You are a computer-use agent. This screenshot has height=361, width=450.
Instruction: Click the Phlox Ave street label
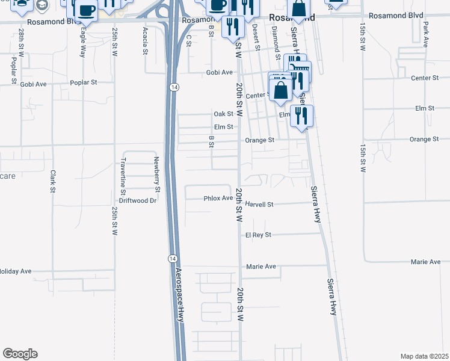[218, 198]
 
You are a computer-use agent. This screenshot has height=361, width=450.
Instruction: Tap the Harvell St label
[259, 205]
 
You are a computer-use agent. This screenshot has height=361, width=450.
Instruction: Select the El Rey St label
[259, 235]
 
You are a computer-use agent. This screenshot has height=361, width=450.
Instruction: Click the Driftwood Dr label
[137, 200]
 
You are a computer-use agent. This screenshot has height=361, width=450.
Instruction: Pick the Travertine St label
[123, 174]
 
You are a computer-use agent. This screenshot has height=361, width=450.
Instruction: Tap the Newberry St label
[156, 174]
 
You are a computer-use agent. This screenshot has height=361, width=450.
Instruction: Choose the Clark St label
[53, 182]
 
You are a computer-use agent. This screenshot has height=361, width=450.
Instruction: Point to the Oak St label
[223, 114]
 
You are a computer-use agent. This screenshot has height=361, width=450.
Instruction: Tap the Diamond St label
[276, 39]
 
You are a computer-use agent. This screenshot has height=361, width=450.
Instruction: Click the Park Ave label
[425, 35]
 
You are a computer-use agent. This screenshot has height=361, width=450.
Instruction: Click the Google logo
[20, 354]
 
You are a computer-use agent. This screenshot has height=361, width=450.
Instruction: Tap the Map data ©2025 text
[425, 356]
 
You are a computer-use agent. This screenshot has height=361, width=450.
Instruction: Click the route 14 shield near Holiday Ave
[173, 258]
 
